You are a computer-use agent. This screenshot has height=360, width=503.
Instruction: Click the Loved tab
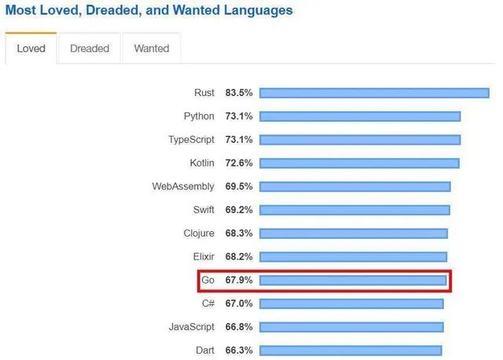click(x=31, y=49)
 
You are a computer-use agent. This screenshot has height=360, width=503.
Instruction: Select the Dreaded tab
click(x=90, y=49)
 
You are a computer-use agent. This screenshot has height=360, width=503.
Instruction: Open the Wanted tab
click(x=152, y=49)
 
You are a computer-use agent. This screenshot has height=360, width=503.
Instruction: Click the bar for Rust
click(x=374, y=93)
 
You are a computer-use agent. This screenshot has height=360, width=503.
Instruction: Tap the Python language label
click(x=199, y=116)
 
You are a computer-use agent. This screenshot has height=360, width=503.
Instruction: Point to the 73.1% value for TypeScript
click(x=239, y=140)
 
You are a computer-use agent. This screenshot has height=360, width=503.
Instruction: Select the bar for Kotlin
click(x=359, y=163)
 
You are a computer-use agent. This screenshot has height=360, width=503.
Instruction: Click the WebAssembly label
click(x=183, y=186)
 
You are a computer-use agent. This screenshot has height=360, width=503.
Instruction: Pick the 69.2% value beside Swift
click(x=239, y=210)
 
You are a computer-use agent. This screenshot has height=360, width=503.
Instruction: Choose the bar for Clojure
click(x=354, y=233)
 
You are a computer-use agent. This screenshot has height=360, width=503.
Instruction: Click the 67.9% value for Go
click(x=239, y=280)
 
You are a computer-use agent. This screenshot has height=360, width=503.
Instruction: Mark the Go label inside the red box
click(x=208, y=280)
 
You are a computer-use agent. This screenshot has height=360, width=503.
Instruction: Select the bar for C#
click(x=351, y=303)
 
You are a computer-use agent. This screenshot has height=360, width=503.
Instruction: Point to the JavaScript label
click(x=191, y=327)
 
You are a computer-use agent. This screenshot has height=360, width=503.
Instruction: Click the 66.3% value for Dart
click(x=239, y=351)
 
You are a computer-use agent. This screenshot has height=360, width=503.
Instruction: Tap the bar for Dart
click(x=351, y=351)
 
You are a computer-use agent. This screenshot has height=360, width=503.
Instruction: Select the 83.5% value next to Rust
click(x=239, y=93)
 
